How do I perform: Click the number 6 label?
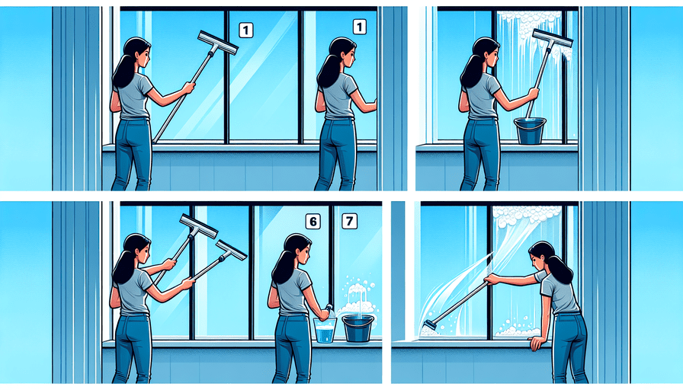tap(313, 222)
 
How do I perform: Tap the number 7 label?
tap(349, 221)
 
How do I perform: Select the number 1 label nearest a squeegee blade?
tap(246, 30)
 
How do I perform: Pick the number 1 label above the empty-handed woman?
tap(359, 27)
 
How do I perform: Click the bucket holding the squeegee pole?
tap(530, 130)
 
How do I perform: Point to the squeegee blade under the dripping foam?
tap(552, 39)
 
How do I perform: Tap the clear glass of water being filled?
tap(325, 330)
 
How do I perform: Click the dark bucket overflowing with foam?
tap(358, 328)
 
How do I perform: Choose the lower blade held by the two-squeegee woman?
tap(231, 251)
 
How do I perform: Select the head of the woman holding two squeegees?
tap(136, 249)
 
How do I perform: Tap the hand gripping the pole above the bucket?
tap(532, 94)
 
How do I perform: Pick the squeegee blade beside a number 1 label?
tap(218, 43)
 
